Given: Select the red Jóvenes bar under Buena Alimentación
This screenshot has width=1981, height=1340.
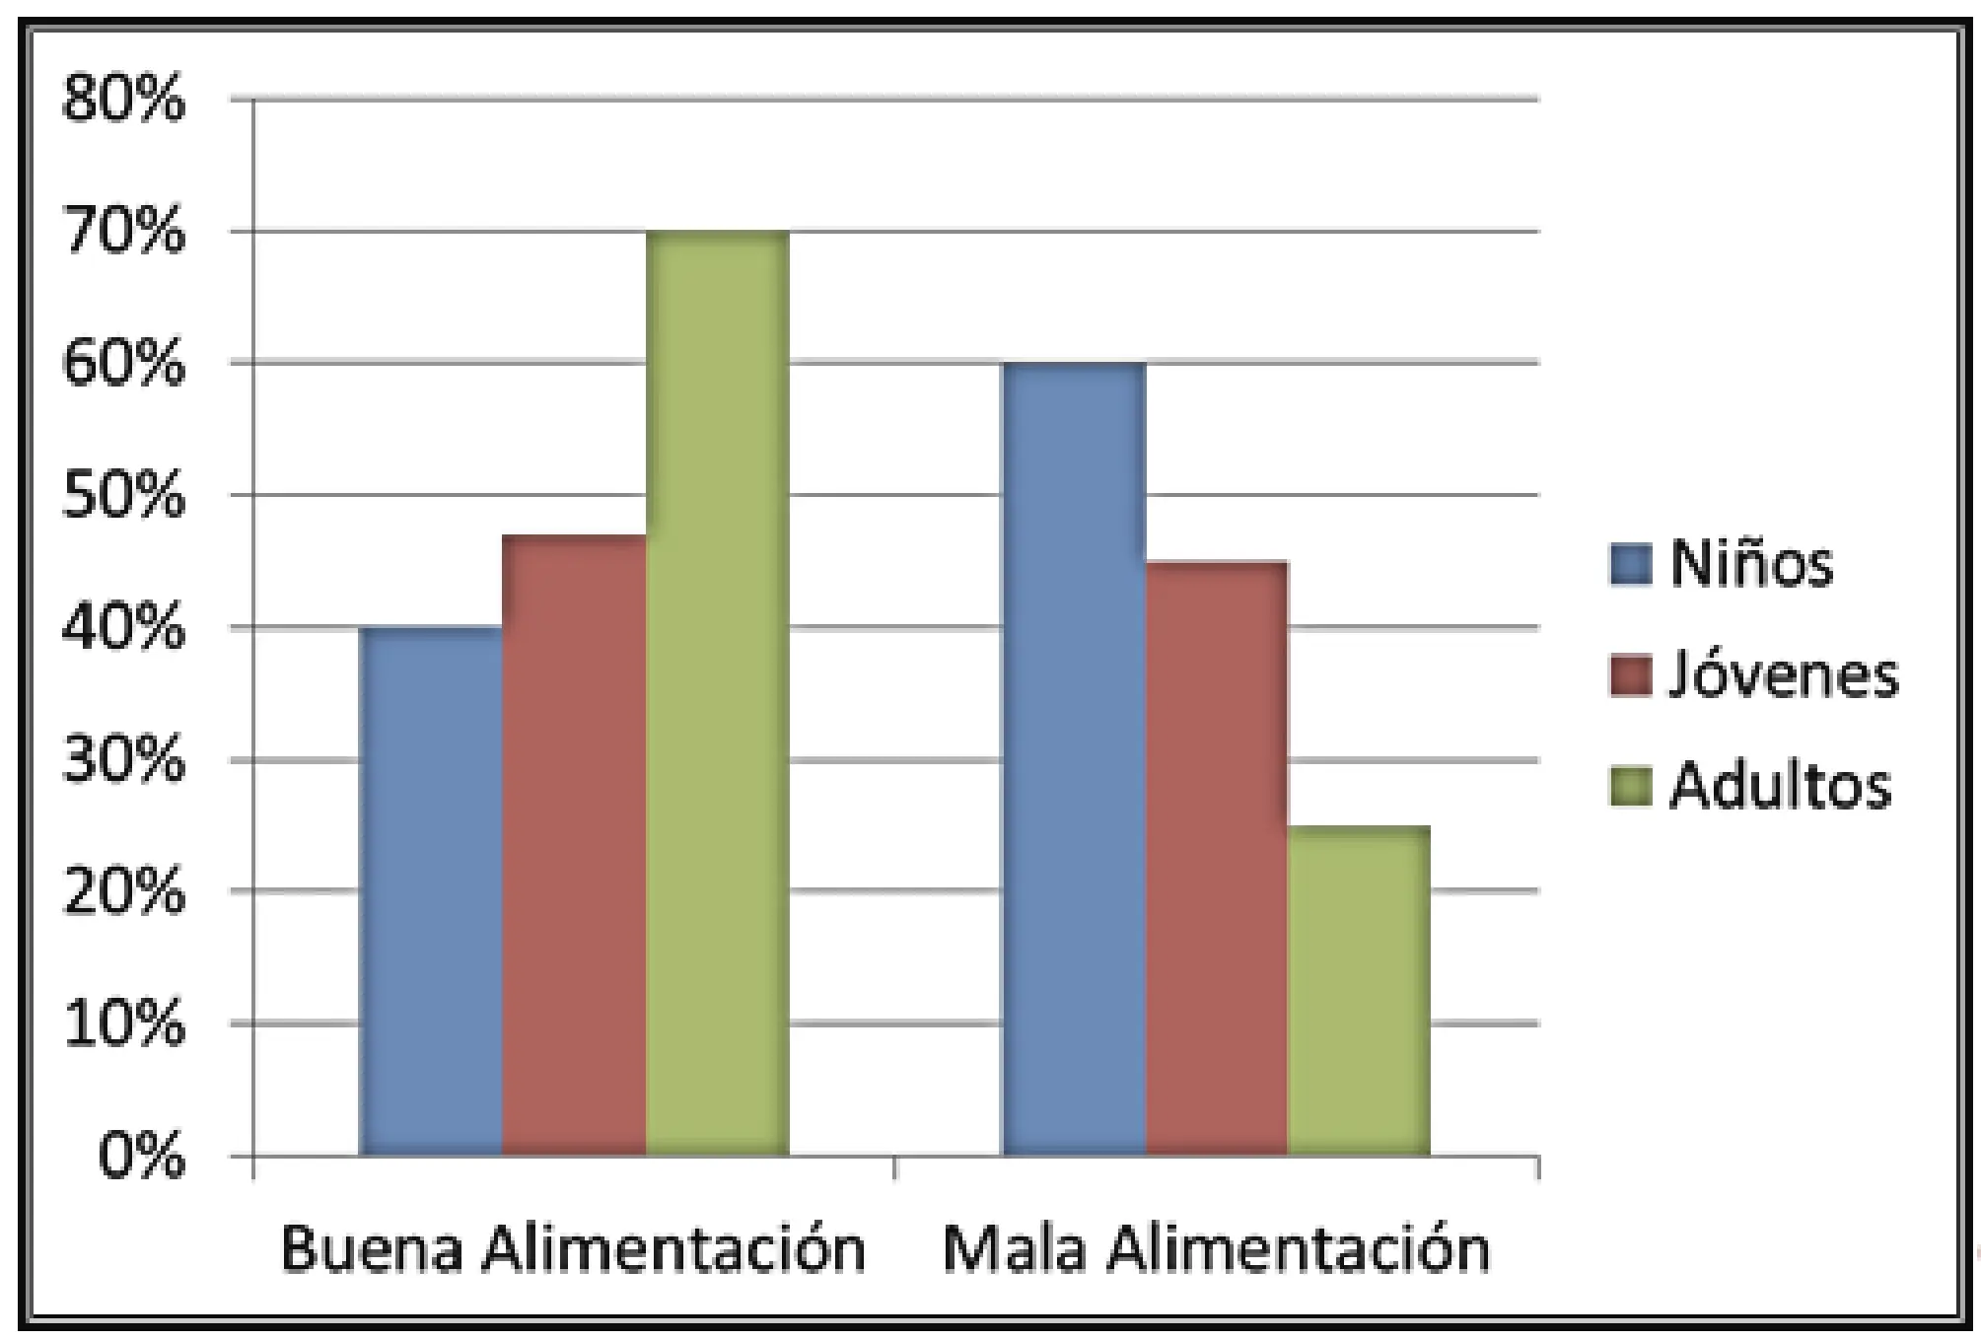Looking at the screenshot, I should (574, 845).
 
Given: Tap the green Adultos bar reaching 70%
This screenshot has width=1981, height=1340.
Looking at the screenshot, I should (717, 693).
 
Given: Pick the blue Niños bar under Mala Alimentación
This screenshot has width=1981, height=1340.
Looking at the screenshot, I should (1074, 758).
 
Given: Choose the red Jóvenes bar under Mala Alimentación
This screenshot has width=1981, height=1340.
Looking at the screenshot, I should (1217, 858).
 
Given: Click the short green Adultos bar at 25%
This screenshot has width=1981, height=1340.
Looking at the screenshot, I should (1359, 990).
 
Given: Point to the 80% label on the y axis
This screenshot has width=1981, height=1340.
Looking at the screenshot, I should (123, 100).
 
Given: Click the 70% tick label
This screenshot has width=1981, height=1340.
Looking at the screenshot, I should (123, 233).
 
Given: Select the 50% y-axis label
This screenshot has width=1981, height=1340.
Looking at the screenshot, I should (123, 496).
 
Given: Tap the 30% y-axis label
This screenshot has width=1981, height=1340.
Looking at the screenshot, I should (123, 760).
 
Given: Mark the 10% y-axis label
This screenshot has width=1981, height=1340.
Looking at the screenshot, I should (123, 1024).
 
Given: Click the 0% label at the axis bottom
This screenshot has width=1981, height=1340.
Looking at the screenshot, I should (141, 1156).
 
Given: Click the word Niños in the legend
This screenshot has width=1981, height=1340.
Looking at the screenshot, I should (1751, 564).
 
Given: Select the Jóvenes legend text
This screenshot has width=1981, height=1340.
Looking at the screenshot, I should (1783, 675).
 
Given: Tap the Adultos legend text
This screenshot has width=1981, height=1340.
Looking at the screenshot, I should (1780, 787).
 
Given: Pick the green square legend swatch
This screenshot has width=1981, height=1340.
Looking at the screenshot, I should (1630, 788).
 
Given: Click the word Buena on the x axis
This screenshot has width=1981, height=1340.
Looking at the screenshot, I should (372, 1248).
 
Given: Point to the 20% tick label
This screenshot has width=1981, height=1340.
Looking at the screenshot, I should (123, 892).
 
